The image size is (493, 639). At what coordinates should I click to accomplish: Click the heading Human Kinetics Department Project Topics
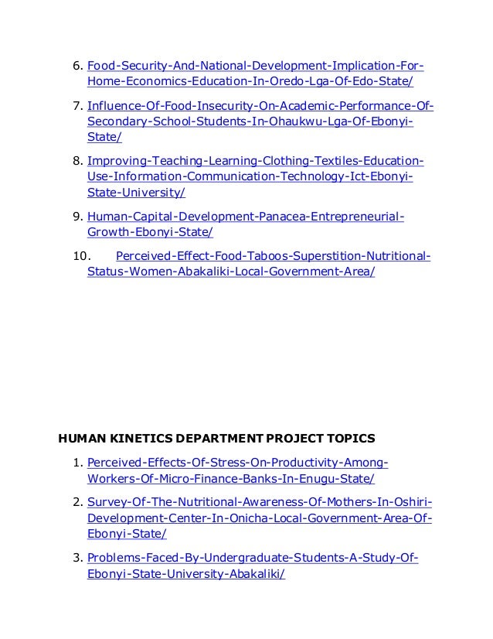[217, 439]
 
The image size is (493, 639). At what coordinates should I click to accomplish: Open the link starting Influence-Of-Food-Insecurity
[260, 105]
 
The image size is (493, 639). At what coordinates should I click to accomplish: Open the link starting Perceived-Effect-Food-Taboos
[273, 256]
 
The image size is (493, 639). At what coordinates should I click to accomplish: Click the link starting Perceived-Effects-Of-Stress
[237, 463]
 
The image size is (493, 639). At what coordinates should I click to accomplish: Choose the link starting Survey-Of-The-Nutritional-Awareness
[260, 501]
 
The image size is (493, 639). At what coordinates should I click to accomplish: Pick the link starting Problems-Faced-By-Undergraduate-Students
[253, 557]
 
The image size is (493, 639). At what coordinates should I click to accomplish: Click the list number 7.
[77, 105]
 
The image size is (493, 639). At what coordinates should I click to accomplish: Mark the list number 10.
[81, 256]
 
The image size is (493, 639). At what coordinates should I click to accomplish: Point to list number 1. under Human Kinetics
[77, 463]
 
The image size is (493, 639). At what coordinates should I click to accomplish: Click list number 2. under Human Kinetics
[77, 501]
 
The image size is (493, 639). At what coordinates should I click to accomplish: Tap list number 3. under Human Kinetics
[77, 557]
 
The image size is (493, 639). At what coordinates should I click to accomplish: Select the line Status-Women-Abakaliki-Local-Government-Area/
[231, 273]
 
